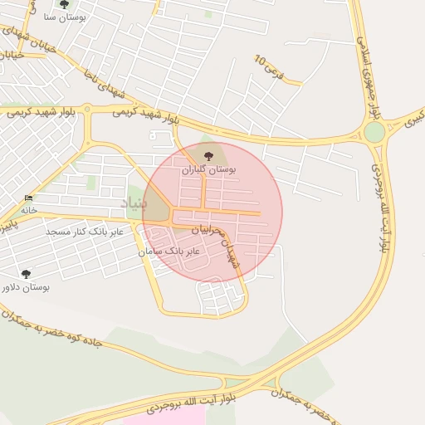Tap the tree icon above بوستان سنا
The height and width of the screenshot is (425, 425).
[64, 4]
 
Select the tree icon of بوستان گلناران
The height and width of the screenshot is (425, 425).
[208, 155]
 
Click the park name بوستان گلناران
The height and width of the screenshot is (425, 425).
[209, 169]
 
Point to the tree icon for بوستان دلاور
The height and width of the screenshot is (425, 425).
[26, 273]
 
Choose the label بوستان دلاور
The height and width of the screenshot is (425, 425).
[24, 287]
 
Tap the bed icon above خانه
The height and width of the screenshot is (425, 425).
[29, 198]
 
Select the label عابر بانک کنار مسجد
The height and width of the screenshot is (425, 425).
[85, 232]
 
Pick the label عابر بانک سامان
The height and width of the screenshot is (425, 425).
[171, 250]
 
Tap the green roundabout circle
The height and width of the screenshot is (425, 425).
[374, 132]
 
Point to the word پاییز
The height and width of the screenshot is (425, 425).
[8, 224]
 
